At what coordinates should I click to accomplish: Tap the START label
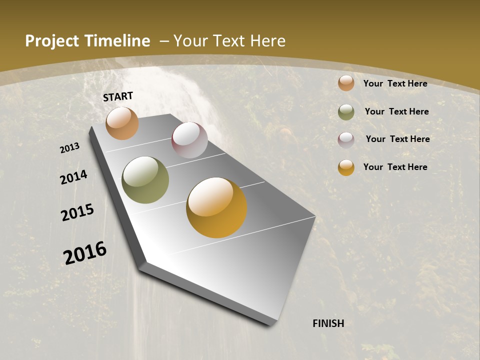(x=118, y=96)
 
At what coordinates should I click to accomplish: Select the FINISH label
(x=328, y=323)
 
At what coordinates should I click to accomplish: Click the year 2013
(x=70, y=148)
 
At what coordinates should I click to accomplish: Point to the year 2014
(x=74, y=177)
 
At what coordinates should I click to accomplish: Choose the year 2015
(x=77, y=212)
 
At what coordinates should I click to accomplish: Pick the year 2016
(x=85, y=252)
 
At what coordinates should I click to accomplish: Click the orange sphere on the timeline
(x=122, y=123)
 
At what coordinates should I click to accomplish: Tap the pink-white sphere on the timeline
(x=189, y=140)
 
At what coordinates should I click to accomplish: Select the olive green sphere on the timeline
(x=145, y=180)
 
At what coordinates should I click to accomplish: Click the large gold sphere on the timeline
(x=216, y=207)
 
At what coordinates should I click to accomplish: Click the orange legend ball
(x=346, y=83)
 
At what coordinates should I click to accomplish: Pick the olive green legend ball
(x=346, y=112)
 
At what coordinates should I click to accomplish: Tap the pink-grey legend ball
(x=346, y=140)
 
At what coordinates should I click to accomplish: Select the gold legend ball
(x=346, y=167)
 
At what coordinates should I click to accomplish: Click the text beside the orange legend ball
(x=395, y=83)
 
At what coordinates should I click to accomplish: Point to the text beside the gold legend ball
(x=395, y=167)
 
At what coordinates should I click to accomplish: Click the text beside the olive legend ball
(x=397, y=111)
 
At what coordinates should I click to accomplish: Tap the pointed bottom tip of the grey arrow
(x=270, y=324)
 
